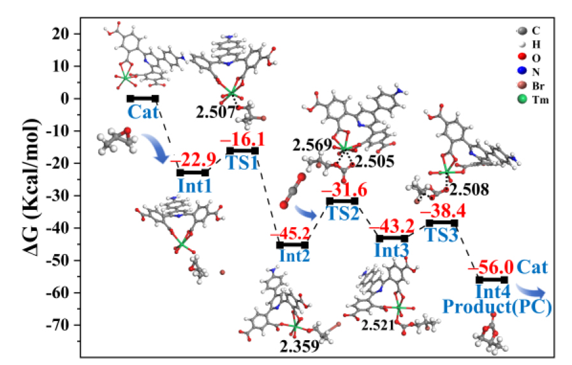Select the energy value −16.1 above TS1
(x=242, y=140)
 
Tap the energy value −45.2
(x=290, y=233)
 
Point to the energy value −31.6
(x=344, y=190)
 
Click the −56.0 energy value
(x=490, y=267)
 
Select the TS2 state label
(x=343, y=213)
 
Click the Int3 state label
(x=392, y=250)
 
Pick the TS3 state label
(x=441, y=235)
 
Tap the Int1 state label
(x=194, y=186)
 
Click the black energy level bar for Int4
(x=492, y=280)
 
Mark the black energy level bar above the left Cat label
(x=143, y=98)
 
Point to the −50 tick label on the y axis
(x=59, y=260)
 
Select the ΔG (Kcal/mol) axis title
(x=31, y=187)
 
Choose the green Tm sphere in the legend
(x=522, y=100)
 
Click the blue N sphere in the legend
(x=522, y=71)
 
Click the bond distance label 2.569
(x=312, y=145)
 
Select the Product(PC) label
(x=497, y=306)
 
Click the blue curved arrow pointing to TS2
(x=305, y=212)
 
